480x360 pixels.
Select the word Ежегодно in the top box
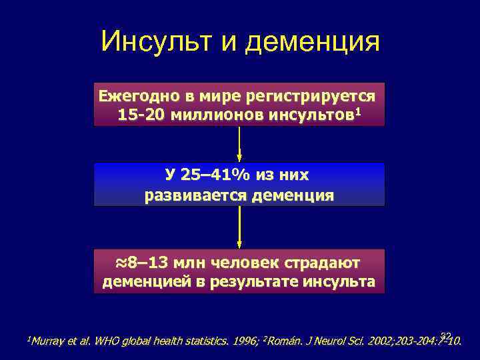(x=131, y=95)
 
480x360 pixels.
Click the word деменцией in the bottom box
(x=146, y=281)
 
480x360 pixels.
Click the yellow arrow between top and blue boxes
(x=239, y=143)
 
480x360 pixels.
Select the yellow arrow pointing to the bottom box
(x=239, y=227)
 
